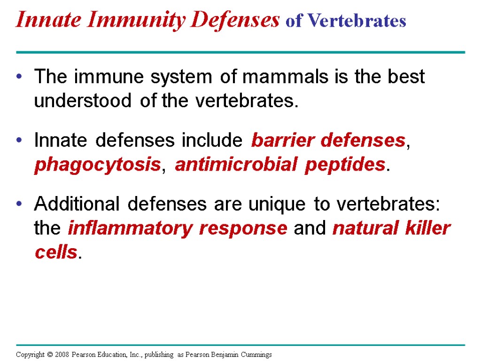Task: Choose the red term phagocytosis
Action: (x=97, y=165)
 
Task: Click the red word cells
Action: (x=55, y=252)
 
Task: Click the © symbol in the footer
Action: (x=49, y=354)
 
